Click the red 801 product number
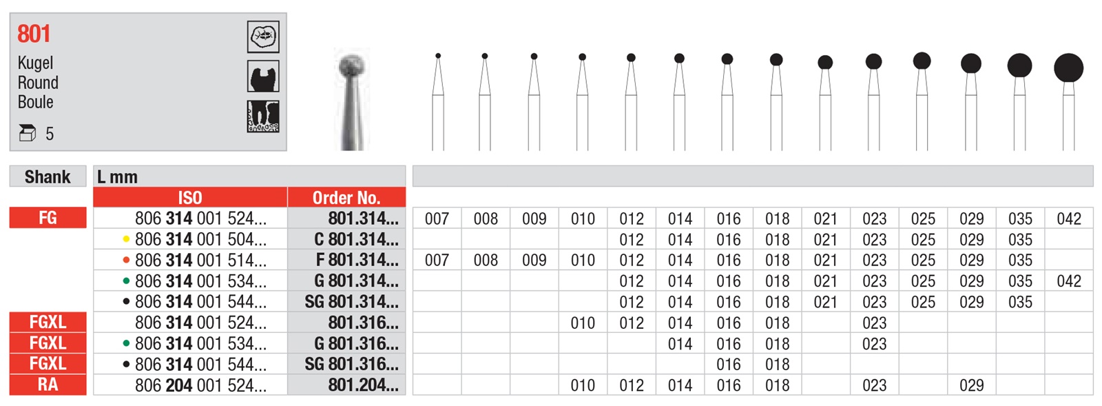click(34, 34)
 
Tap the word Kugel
click(35, 63)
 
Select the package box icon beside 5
click(27, 133)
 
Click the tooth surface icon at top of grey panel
click(263, 37)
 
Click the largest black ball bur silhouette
click(1068, 68)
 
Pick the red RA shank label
click(48, 385)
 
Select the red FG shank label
click(48, 218)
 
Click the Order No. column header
click(346, 197)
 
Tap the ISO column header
click(190, 197)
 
